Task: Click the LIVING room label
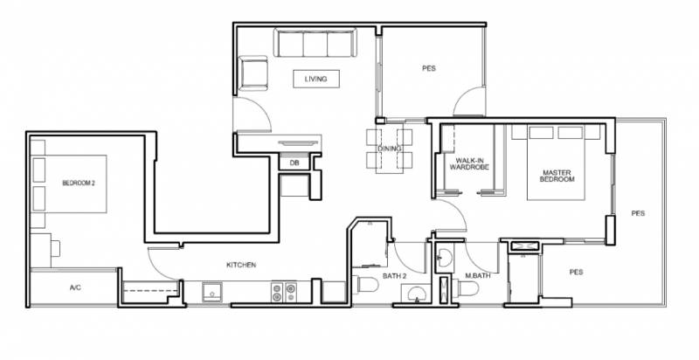click(315, 79)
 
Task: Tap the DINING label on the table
click(389, 149)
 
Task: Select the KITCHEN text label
click(241, 265)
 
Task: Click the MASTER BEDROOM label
click(557, 176)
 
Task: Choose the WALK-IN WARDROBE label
click(469, 164)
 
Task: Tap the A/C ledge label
click(75, 287)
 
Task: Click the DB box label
click(294, 163)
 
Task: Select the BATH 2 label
click(395, 276)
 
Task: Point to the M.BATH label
click(478, 276)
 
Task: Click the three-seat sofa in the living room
click(315, 43)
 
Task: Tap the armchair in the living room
click(253, 73)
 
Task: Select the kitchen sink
click(212, 293)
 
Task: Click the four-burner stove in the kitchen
click(284, 292)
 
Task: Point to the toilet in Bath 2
click(365, 285)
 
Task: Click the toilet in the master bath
click(466, 287)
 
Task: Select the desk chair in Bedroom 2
click(55, 248)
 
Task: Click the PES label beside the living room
click(429, 69)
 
